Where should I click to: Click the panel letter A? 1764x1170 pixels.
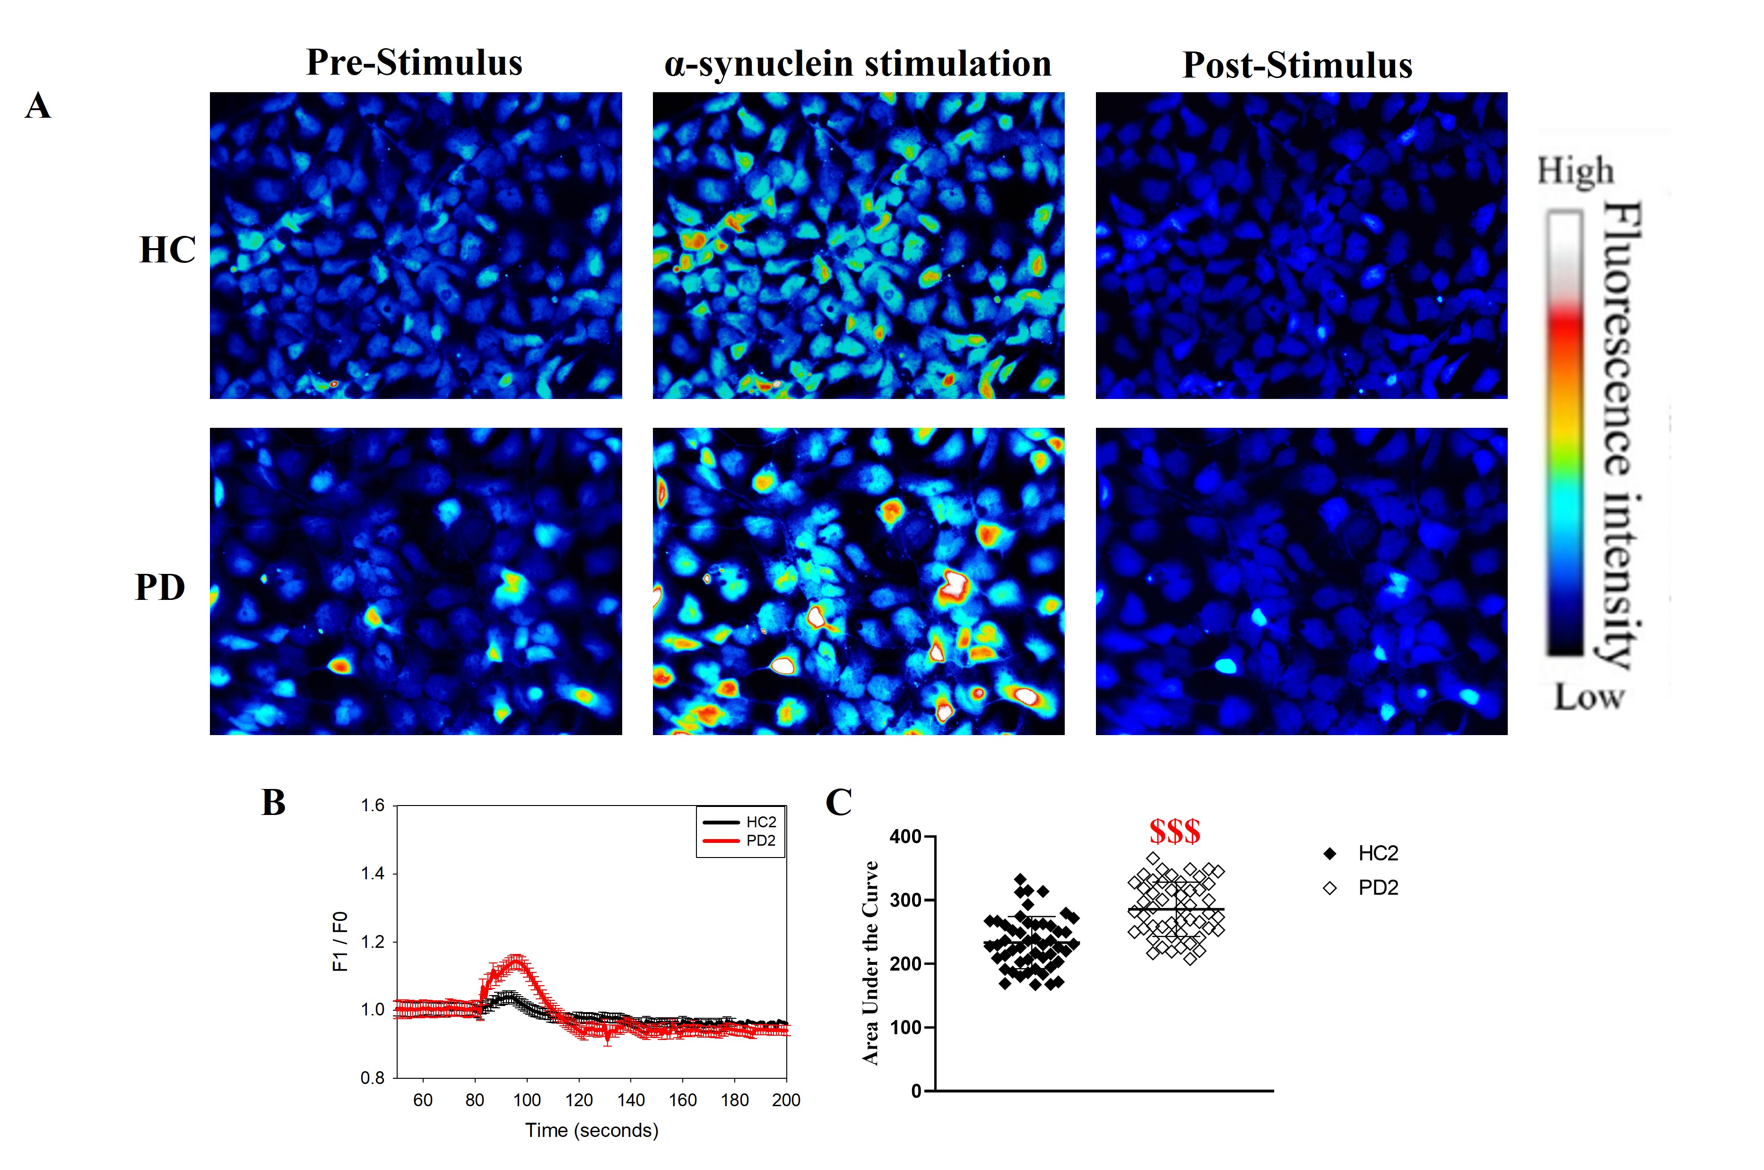pos(38,105)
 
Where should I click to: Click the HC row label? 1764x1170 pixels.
pos(167,250)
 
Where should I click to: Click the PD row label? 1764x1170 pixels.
pos(160,587)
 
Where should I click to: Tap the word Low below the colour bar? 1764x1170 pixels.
pos(1589,698)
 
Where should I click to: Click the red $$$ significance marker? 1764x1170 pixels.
pos(1174,831)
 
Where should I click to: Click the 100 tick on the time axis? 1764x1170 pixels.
pos(527,1100)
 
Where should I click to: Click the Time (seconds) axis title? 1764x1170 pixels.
pos(592,1130)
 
